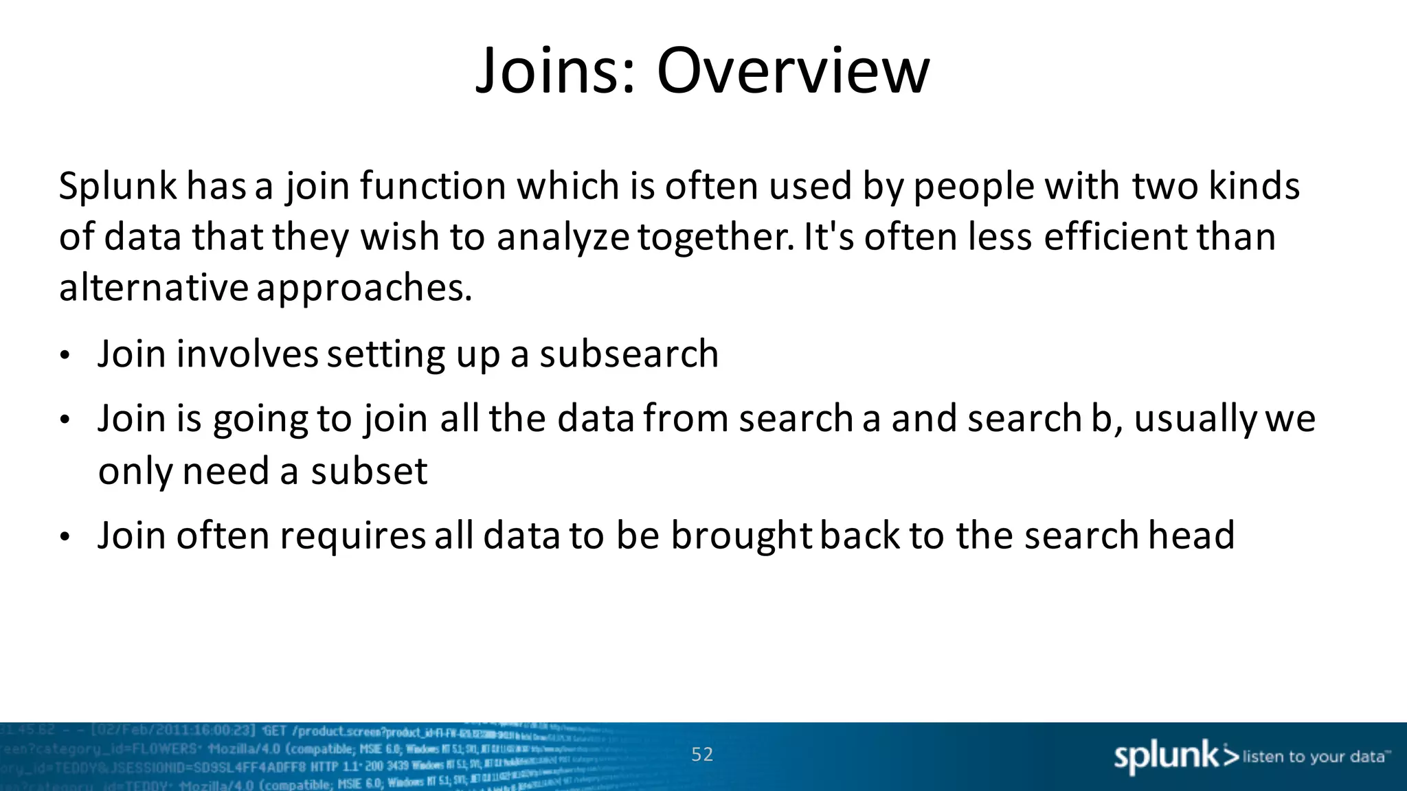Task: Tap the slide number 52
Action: [x=702, y=755]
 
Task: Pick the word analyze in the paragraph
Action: [x=563, y=238]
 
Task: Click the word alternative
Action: [x=153, y=288]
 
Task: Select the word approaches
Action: [x=364, y=288]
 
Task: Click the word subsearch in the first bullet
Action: [x=629, y=354]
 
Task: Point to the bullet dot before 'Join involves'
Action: [x=65, y=356]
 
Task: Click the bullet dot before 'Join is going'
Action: [x=65, y=420]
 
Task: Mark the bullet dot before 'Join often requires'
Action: [x=65, y=537]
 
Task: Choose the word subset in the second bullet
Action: [x=369, y=472]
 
